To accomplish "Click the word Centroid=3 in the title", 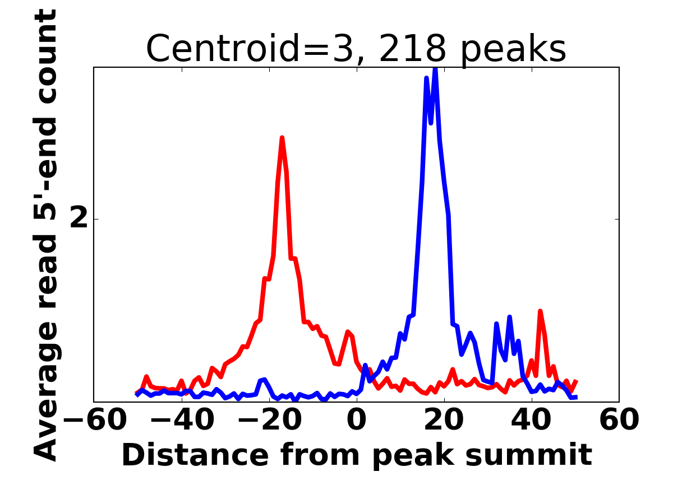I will pos(223,49).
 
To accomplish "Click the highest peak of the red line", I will pos(282,138).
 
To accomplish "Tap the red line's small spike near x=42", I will pos(540,311).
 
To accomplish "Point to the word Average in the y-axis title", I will pos(47,392).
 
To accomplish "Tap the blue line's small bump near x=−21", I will pos(264,380).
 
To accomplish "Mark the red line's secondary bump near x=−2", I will pos(348,332).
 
